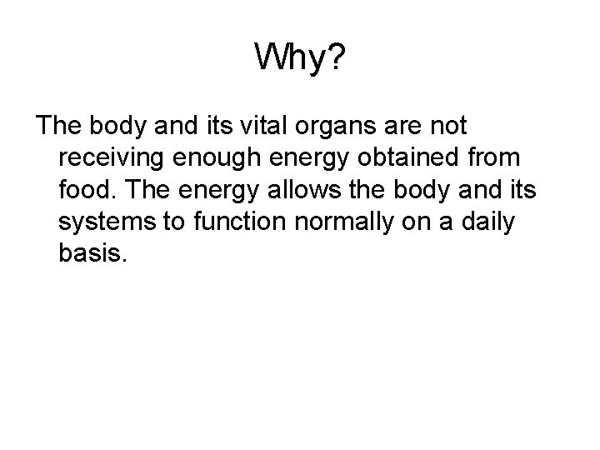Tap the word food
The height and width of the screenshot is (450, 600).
[86, 187]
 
